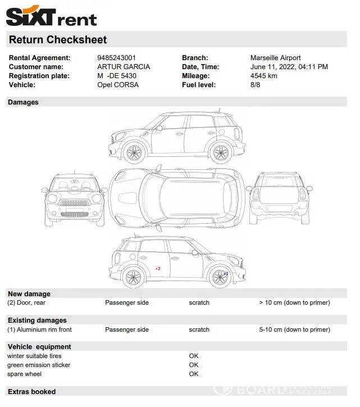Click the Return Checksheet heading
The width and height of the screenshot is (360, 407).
point(58,39)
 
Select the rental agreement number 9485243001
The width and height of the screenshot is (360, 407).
point(116,58)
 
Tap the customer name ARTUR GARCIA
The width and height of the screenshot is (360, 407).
point(124,67)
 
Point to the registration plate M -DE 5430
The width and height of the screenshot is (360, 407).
point(117,76)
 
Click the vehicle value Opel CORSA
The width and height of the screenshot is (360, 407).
point(118,85)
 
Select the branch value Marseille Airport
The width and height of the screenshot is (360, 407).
point(275,58)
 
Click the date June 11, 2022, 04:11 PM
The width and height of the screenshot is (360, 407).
point(289,67)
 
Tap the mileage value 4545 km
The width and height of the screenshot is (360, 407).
point(264,76)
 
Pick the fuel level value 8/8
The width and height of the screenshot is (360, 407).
point(255,85)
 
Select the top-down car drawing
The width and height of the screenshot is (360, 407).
point(176,196)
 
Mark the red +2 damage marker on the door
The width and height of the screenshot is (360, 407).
point(158,269)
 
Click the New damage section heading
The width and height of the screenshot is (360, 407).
point(29,294)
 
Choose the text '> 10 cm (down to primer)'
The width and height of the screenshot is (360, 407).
point(294,302)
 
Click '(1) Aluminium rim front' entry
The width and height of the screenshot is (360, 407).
point(39,329)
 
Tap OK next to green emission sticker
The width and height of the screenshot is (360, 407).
point(194,365)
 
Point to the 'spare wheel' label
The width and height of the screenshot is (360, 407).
point(24,374)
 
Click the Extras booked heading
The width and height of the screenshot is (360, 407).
point(31,391)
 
